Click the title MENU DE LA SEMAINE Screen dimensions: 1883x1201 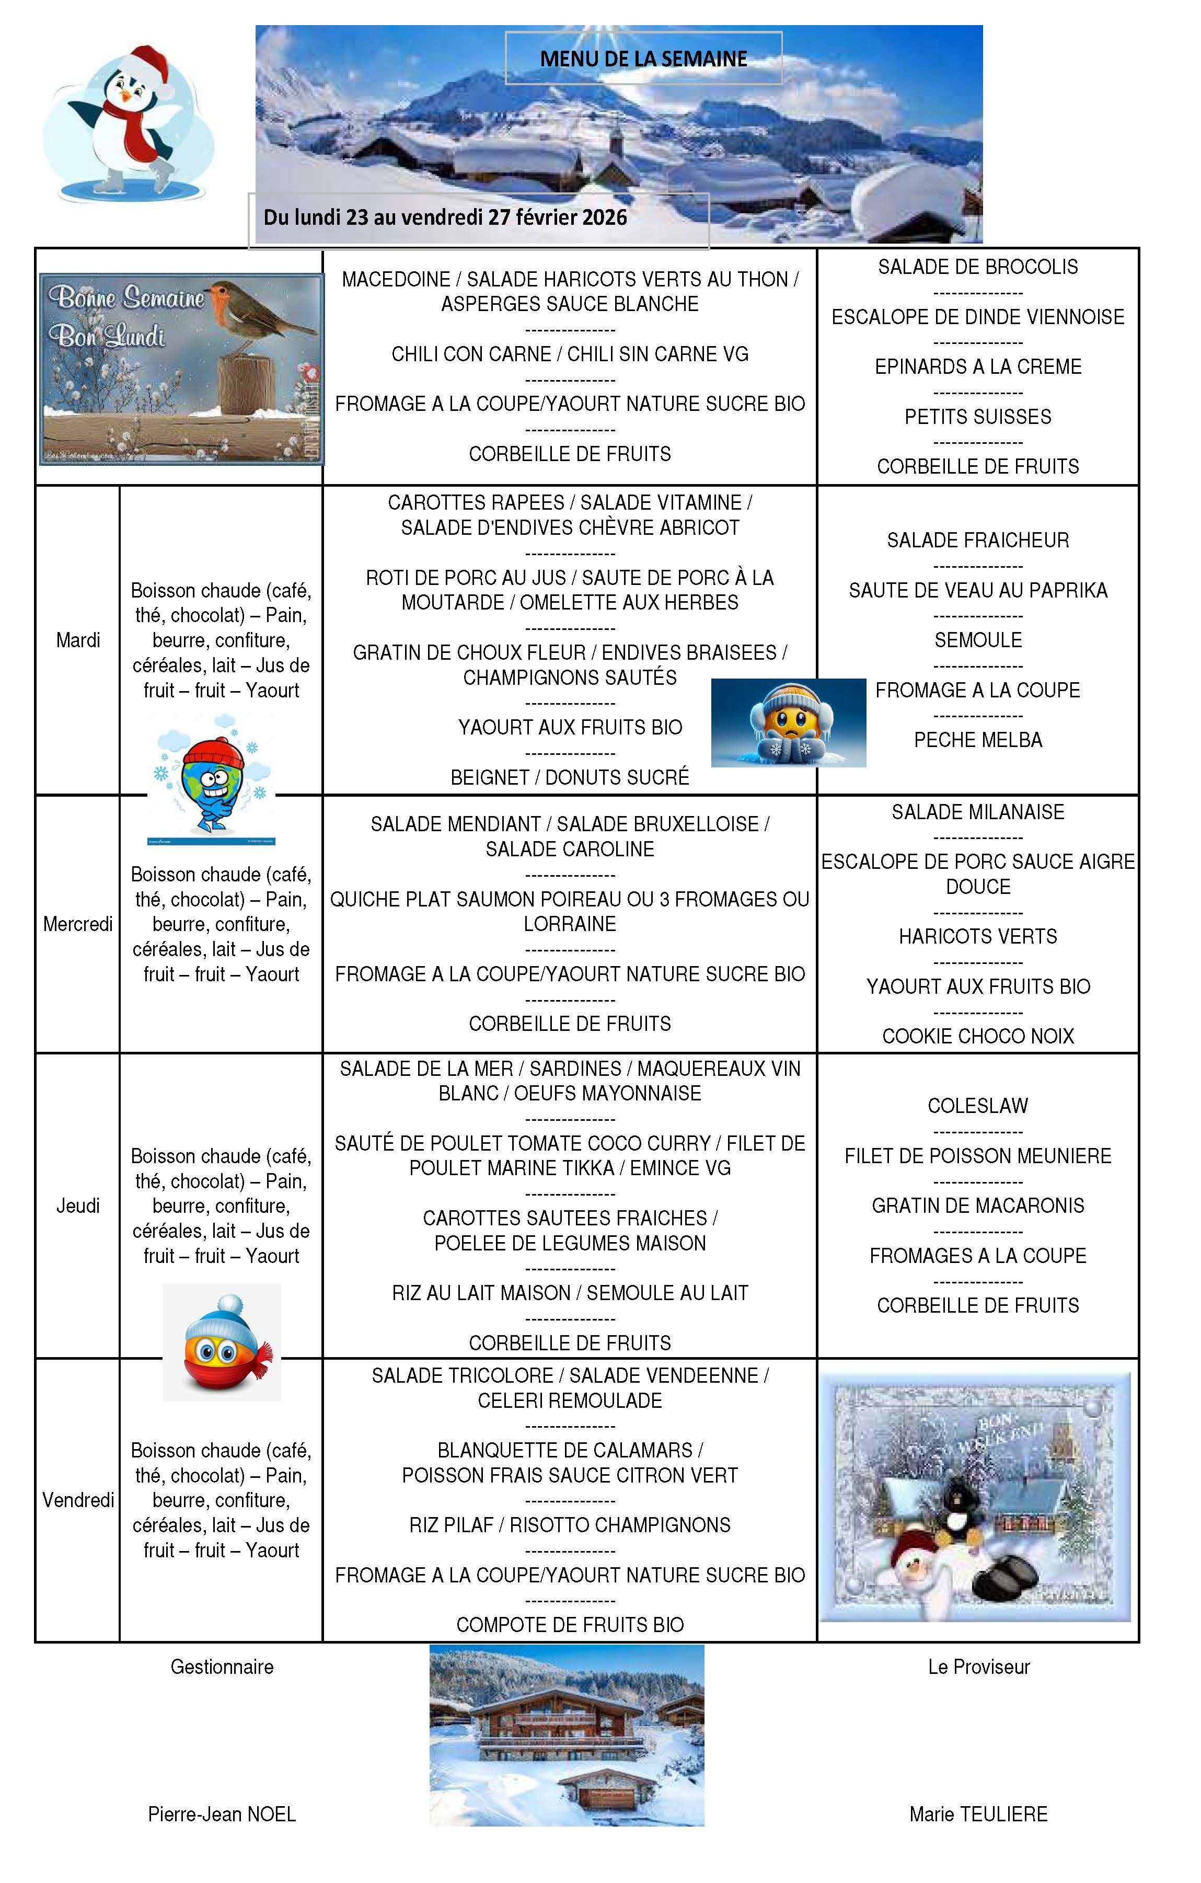[x=643, y=59]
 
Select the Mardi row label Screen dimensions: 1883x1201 [x=78, y=640]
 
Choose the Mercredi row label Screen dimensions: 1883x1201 [x=78, y=924]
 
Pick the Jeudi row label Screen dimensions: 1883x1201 [x=78, y=1206]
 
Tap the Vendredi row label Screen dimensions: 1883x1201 [x=78, y=1500]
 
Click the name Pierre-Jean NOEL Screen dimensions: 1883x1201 [x=222, y=1814]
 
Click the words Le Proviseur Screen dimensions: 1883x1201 [x=978, y=1667]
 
